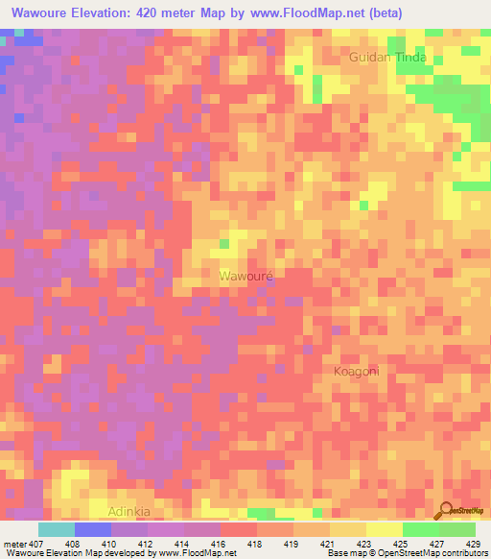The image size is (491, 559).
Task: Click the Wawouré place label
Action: (246, 276)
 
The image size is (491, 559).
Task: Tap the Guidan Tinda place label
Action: (387, 58)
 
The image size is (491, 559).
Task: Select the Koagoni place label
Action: (358, 371)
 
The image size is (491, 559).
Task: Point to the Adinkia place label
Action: (129, 511)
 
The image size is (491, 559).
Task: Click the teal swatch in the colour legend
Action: (56, 529)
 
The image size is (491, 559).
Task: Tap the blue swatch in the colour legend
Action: (92, 529)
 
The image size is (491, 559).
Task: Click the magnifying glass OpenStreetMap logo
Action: (447, 511)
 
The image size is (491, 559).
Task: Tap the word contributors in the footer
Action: (463, 554)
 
